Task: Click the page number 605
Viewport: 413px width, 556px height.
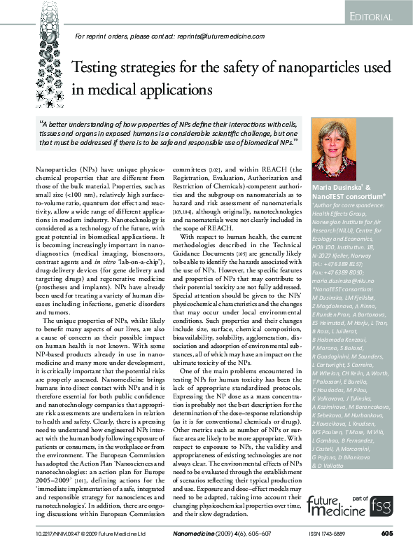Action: (x=386, y=534)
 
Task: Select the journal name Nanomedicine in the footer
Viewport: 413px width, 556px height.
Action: (x=192, y=534)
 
